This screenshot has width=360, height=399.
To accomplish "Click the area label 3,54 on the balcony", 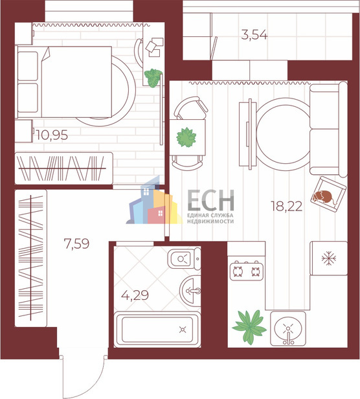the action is pos(254,35).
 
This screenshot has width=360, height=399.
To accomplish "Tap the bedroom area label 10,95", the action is pos(52,135).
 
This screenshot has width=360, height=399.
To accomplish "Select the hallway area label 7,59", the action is pos(76,244).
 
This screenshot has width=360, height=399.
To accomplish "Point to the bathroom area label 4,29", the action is pos(135,295).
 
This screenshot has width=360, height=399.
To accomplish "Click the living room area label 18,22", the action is pos(286,206).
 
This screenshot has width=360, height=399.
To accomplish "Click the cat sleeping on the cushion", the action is pos(323,197).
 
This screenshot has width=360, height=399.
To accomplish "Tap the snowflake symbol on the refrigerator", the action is pos(329,258).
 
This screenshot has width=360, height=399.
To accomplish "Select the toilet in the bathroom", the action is pos(184,258).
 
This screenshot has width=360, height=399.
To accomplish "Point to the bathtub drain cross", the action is pos(183,330).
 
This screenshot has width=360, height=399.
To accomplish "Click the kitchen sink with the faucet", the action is pos(288,328).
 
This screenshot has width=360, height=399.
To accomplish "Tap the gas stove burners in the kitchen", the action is pos(247,271).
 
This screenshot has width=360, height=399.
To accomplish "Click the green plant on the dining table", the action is pos(186,137).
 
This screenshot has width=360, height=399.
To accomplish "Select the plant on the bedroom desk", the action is pos(153,78).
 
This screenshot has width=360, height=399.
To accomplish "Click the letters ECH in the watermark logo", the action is pos(210,200).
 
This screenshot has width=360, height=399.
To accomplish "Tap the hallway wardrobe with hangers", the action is pos(31,258).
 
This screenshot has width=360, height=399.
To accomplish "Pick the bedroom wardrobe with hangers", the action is pos(63,168).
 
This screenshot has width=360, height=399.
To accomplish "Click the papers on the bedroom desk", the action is pos(154,47).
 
